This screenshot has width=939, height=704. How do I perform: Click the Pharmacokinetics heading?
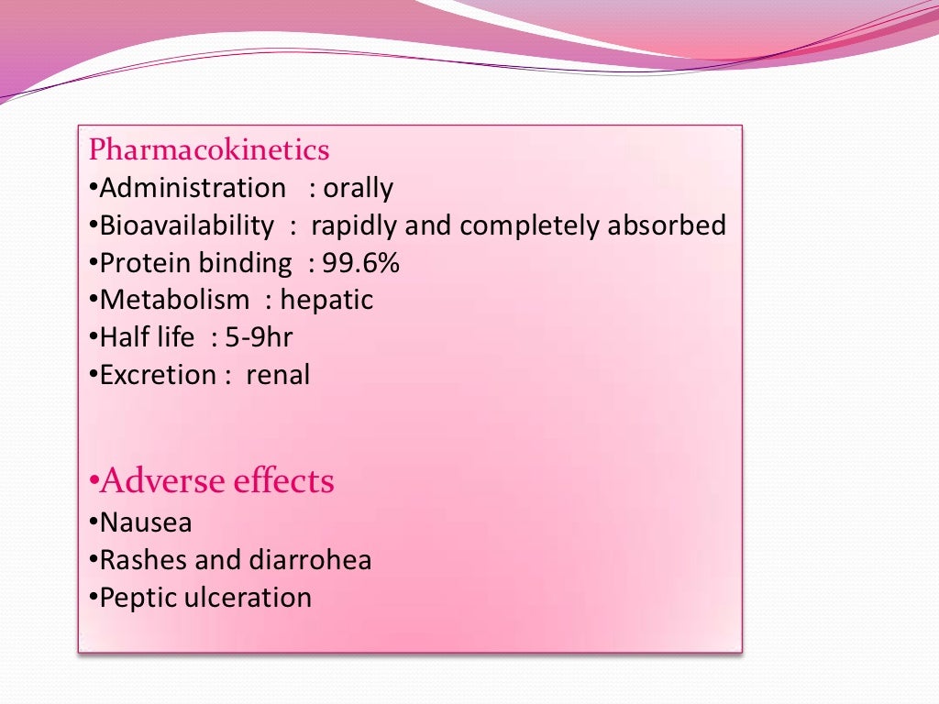(x=209, y=149)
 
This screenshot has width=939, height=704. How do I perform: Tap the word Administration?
(x=193, y=188)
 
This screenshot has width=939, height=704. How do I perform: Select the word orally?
(x=358, y=189)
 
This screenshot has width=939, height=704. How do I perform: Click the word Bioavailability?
(x=186, y=225)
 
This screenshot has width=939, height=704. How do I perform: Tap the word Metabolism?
(x=174, y=300)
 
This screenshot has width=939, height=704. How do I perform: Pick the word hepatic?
(x=326, y=300)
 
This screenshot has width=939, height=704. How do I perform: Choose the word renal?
(x=278, y=375)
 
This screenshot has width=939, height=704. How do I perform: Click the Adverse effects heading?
(x=217, y=481)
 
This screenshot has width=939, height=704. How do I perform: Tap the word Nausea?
(x=146, y=522)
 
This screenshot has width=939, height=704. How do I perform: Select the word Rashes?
(x=141, y=560)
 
